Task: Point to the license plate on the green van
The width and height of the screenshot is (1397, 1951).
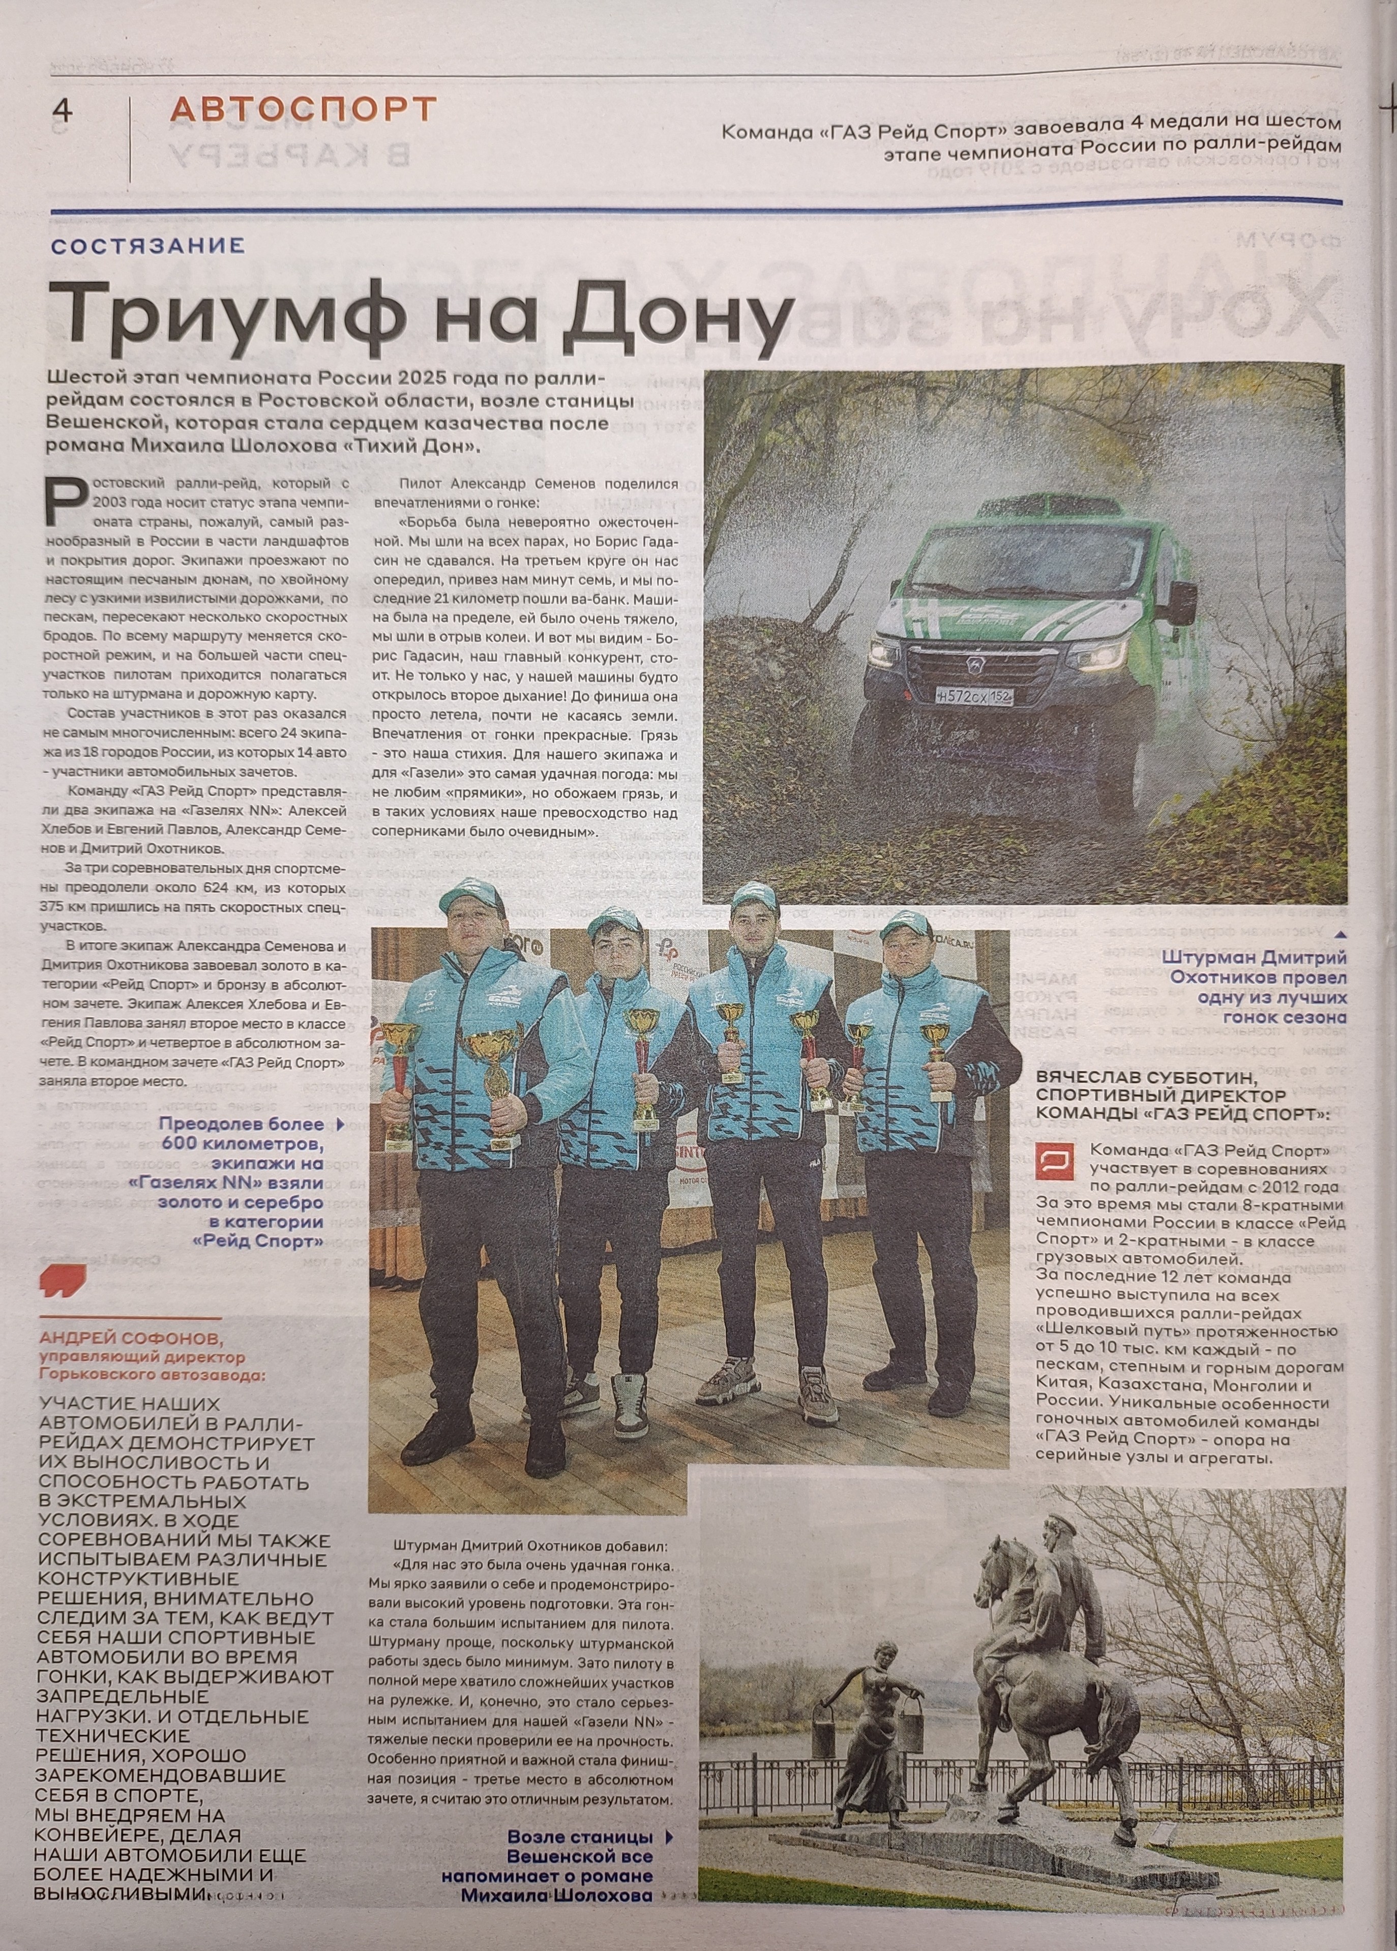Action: pyautogui.click(x=974, y=696)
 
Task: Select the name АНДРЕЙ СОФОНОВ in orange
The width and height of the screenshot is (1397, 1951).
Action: pyautogui.click(x=131, y=1339)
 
